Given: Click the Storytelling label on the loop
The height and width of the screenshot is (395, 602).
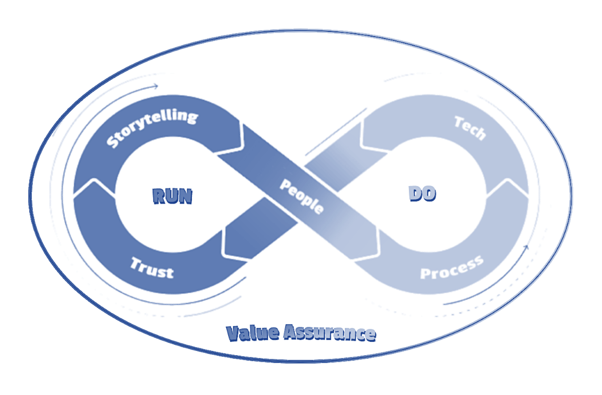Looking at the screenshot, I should point(151,128).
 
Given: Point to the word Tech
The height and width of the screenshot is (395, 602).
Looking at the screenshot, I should point(469,128).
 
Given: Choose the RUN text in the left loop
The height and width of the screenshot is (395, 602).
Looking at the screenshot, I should point(172,196).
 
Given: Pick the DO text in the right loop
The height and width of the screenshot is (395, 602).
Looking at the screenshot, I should point(422,194).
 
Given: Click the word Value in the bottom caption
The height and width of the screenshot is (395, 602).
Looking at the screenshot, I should point(253,333).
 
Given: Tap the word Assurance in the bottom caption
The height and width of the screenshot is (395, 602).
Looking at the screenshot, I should point(329,333).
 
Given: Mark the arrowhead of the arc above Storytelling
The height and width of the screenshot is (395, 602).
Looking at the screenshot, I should point(156,86).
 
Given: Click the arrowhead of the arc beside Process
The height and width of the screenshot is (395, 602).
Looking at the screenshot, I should point(527,247).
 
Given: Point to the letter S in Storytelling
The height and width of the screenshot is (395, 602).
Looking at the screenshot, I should point(112,142).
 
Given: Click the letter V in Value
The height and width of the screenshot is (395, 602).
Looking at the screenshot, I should point(232,333).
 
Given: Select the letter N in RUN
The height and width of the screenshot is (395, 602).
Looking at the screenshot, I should point(185,196).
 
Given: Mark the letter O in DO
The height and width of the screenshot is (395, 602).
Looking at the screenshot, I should point(428,194).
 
